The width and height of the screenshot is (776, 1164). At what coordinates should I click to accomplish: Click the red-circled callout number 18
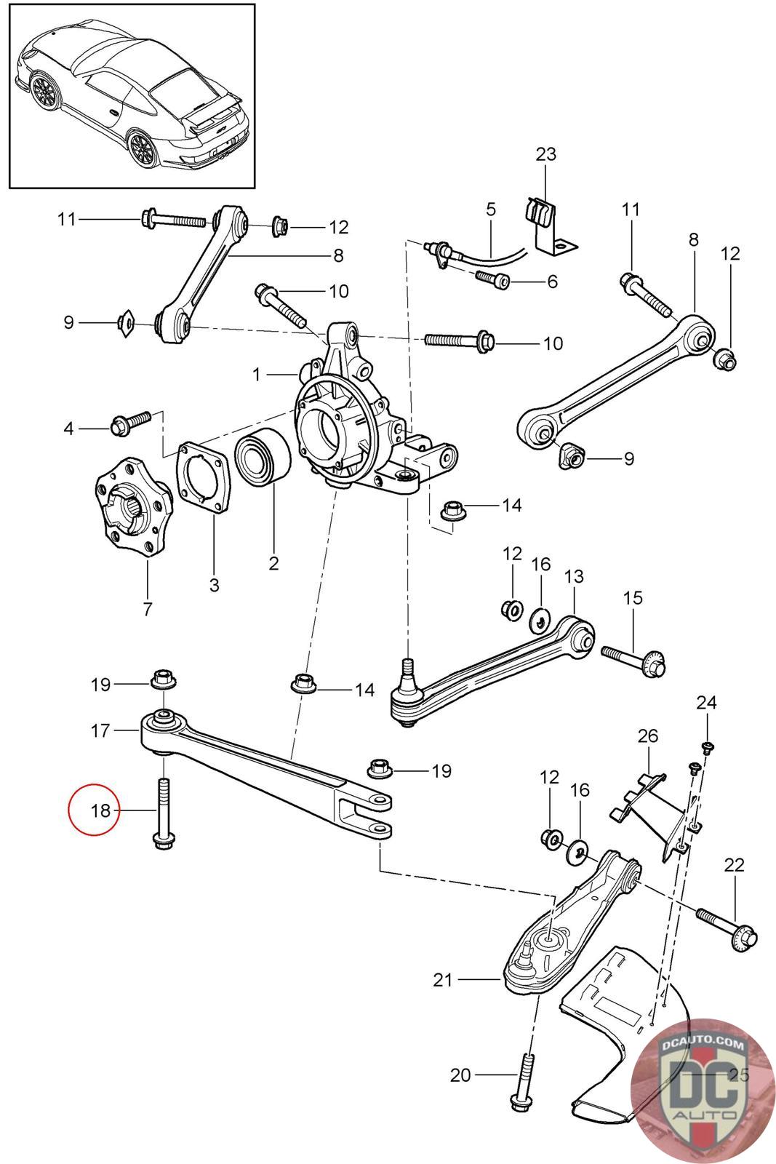tap(100, 810)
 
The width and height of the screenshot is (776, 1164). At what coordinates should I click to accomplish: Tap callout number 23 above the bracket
tap(545, 154)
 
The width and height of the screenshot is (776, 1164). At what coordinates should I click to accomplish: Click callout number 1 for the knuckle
tap(256, 374)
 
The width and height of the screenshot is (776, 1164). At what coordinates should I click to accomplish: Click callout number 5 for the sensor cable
tap(491, 210)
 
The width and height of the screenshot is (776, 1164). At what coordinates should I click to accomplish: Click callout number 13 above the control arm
tap(574, 576)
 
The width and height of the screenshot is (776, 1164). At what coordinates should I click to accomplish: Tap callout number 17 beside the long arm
tap(100, 730)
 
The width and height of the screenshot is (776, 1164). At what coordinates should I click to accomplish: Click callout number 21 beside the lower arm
tap(443, 980)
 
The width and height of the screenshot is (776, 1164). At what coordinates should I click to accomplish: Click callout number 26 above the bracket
tap(647, 736)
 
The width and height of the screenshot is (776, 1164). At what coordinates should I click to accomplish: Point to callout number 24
tap(706, 703)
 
